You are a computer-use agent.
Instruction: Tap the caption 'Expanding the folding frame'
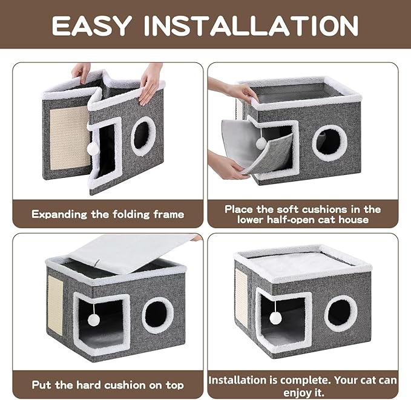click(108, 214)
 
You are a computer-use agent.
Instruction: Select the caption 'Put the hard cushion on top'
click(108, 384)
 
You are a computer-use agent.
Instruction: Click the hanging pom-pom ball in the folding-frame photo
click(93, 148)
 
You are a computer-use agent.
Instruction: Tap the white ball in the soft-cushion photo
click(261, 143)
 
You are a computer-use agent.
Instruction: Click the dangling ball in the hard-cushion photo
click(95, 318)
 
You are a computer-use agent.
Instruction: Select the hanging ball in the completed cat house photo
click(275, 317)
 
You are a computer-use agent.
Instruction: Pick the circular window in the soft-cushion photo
click(330, 143)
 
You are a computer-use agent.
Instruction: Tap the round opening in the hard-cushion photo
click(157, 315)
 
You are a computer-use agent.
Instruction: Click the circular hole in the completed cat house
click(340, 313)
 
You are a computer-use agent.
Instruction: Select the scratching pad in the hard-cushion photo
click(56, 309)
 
